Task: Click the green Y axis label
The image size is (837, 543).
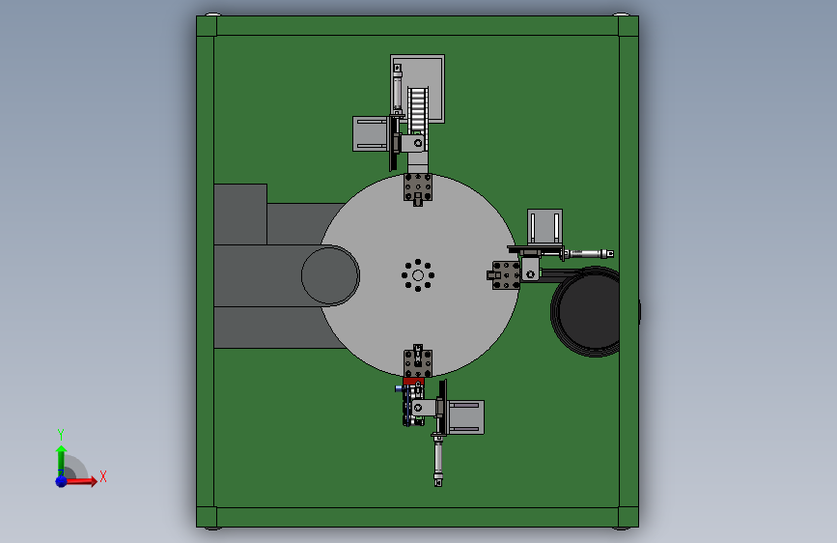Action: pos(61,434)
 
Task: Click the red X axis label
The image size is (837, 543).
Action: pos(103,476)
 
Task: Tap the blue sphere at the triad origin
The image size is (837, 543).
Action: pos(62,481)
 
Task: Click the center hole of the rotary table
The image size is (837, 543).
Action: pos(418,275)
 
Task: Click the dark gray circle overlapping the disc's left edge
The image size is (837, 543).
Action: pos(330,275)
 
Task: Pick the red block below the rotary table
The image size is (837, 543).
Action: pos(414,382)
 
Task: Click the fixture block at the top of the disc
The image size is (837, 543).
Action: pos(418,187)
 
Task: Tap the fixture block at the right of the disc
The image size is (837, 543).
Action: pos(506,275)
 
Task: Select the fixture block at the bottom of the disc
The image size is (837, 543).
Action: pos(418,363)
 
